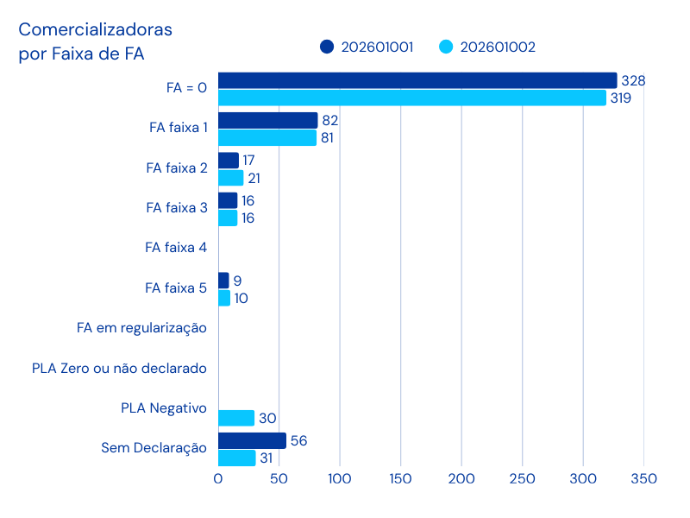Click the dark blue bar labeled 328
tap(417, 80)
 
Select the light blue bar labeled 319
tap(412, 98)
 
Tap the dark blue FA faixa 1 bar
tap(267, 120)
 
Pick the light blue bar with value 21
tap(230, 178)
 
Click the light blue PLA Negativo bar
tap(236, 418)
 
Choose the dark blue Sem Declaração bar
tap(252, 440)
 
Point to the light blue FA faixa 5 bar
tap(224, 298)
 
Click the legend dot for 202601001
tap(327, 47)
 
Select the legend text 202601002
tap(498, 47)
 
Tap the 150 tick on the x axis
tap(400, 478)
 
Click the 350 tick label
tap(643, 478)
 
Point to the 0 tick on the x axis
tap(218, 478)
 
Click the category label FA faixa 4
tap(176, 248)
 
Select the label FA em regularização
tap(141, 328)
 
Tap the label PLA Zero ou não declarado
tap(119, 369)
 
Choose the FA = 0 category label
tap(186, 87)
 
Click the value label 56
tap(298, 440)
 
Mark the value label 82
tap(329, 120)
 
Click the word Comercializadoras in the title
tap(96, 30)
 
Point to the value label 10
tap(241, 299)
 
